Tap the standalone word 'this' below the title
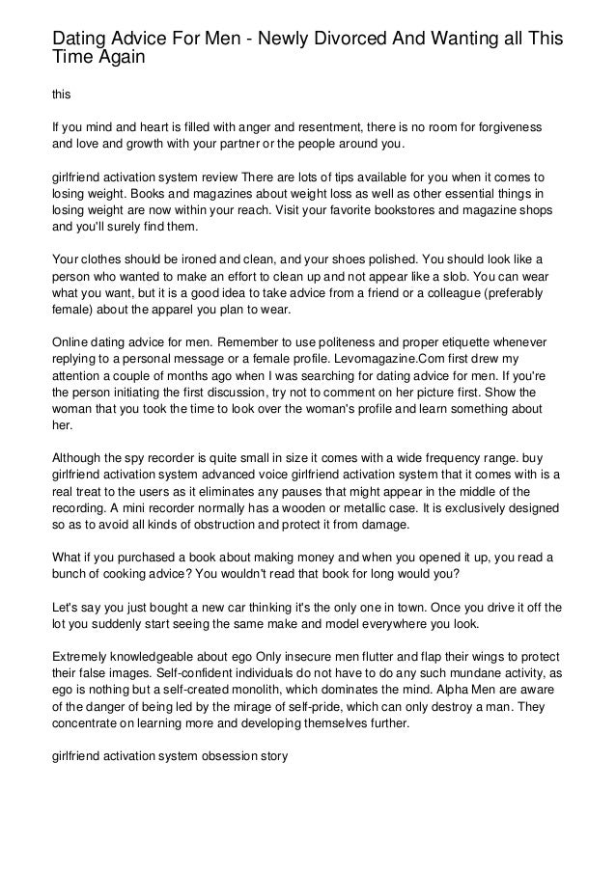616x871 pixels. [60, 95]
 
